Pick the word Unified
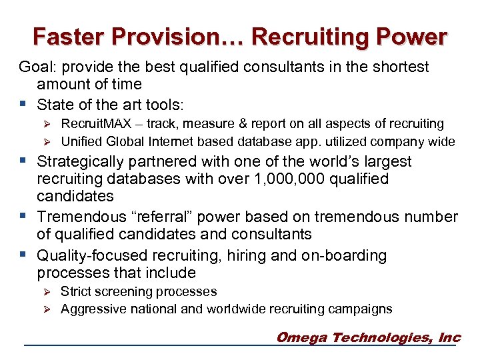pos(83,141)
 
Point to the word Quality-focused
pos(93,256)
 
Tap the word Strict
pos(77,292)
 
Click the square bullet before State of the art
pos(24,104)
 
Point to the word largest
pos(387,162)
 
